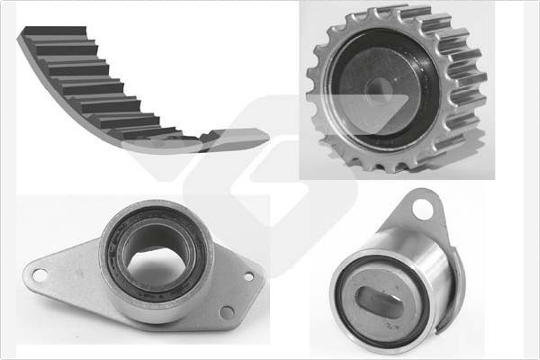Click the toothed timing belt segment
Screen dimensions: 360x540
[x=99, y=85]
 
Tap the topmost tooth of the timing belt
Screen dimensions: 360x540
[x=54, y=32]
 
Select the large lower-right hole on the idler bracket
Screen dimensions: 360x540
[x=227, y=312]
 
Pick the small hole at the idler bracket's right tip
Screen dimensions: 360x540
[x=251, y=275]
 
